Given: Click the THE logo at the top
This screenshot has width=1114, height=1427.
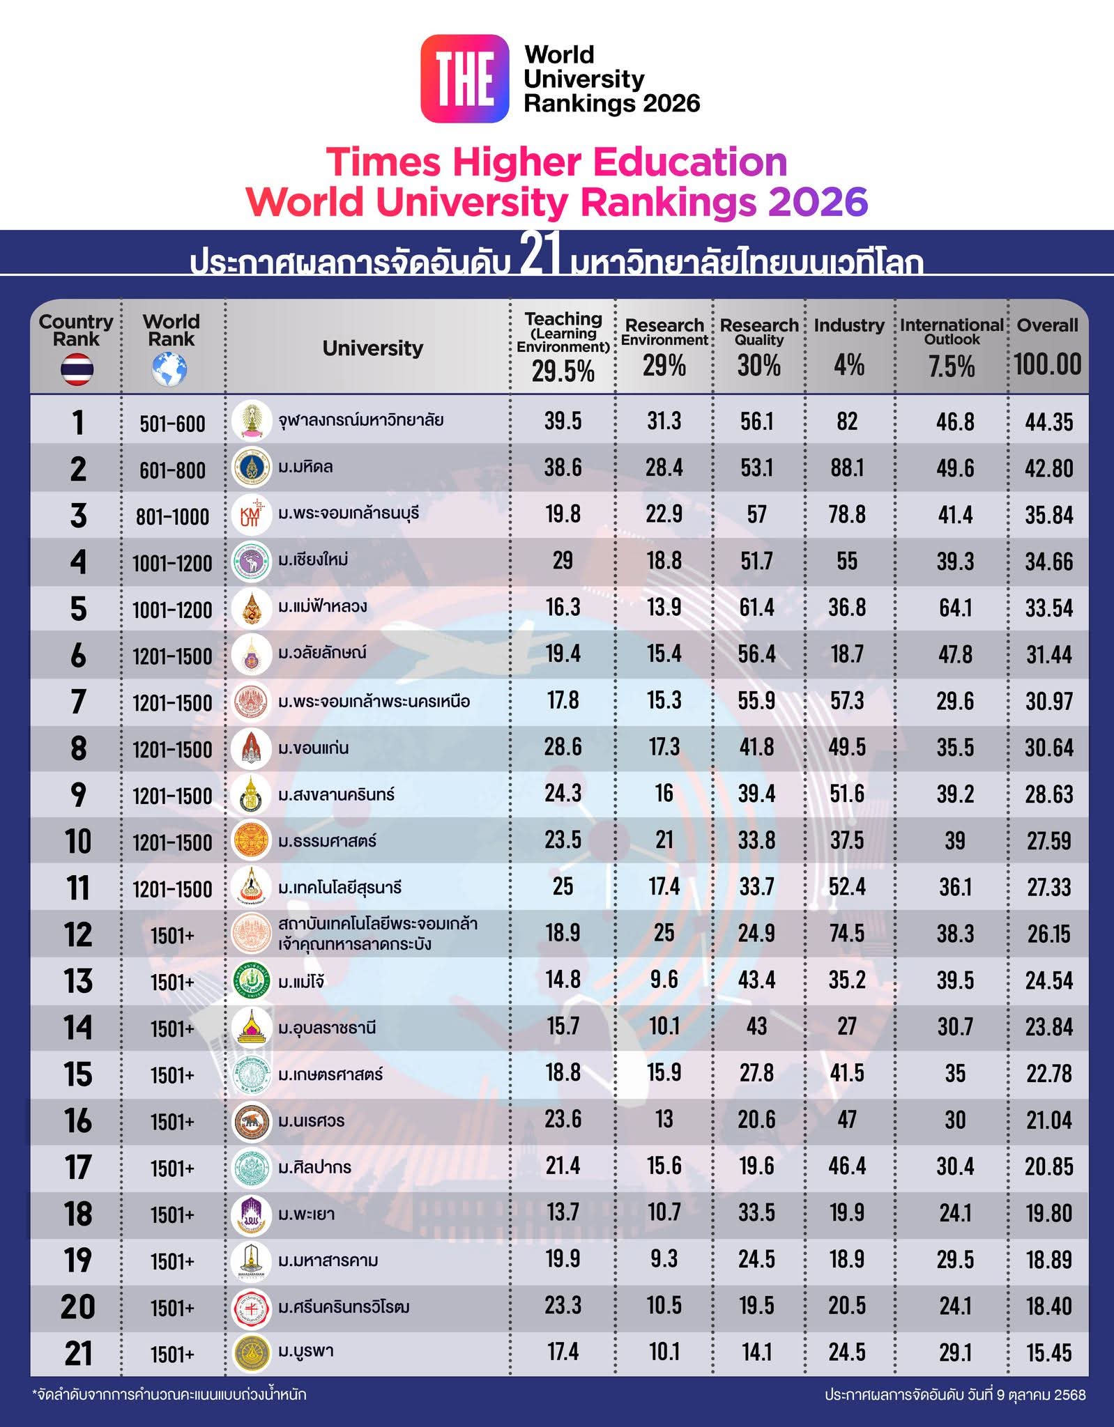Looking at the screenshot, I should pyautogui.click(x=464, y=79).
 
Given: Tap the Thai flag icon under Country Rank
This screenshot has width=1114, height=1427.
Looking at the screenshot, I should pyautogui.click(x=77, y=369).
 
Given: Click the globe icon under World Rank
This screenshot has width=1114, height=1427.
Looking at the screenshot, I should pyautogui.click(x=170, y=369).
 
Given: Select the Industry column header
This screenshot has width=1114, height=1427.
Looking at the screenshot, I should pyautogui.click(x=848, y=325).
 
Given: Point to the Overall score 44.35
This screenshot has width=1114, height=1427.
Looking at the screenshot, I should pyautogui.click(x=1048, y=422).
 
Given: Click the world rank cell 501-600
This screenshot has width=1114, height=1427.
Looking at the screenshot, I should pyautogui.click(x=172, y=424).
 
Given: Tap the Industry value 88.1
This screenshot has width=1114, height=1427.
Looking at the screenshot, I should pyautogui.click(x=847, y=468).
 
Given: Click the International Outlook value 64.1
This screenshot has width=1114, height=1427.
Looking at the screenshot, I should pyautogui.click(x=954, y=608).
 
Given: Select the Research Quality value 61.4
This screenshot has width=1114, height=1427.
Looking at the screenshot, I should pyautogui.click(x=756, y=608).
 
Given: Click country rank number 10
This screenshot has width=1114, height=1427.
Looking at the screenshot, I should pyautogui.click(x=77, y=842).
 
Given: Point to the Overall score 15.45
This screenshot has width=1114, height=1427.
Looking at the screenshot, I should pyautogui.click(x=1048, y=1352).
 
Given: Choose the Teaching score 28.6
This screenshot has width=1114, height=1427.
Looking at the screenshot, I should pyautogui.click(x=563, y=747).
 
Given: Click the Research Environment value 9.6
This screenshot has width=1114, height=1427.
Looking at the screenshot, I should pyautogui.click(x=664, y=980).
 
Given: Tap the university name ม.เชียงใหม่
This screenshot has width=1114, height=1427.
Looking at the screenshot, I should pyautogui.click(x=313, y=560).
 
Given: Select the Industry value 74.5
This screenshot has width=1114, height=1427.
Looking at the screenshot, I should pyautogui.click(x=847, y=933).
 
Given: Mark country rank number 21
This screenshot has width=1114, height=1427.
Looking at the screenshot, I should pyautogui.click(x=77, y=1353).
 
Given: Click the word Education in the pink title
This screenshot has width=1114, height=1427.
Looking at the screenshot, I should pyautogui.click(x=689, y=162).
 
